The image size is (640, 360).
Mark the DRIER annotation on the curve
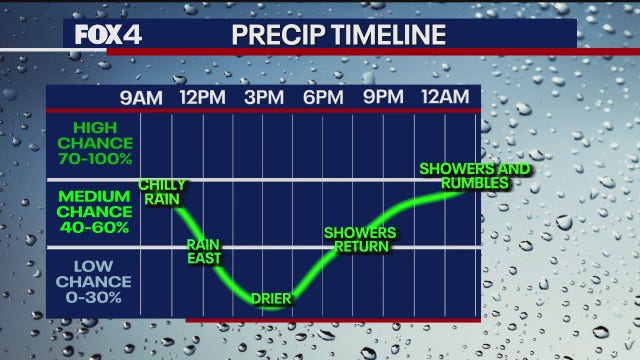[271, 298]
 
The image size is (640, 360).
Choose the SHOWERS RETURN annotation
[360, 240]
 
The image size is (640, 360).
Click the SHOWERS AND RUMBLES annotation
[476, 175]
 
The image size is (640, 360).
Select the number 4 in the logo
[134, 34]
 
